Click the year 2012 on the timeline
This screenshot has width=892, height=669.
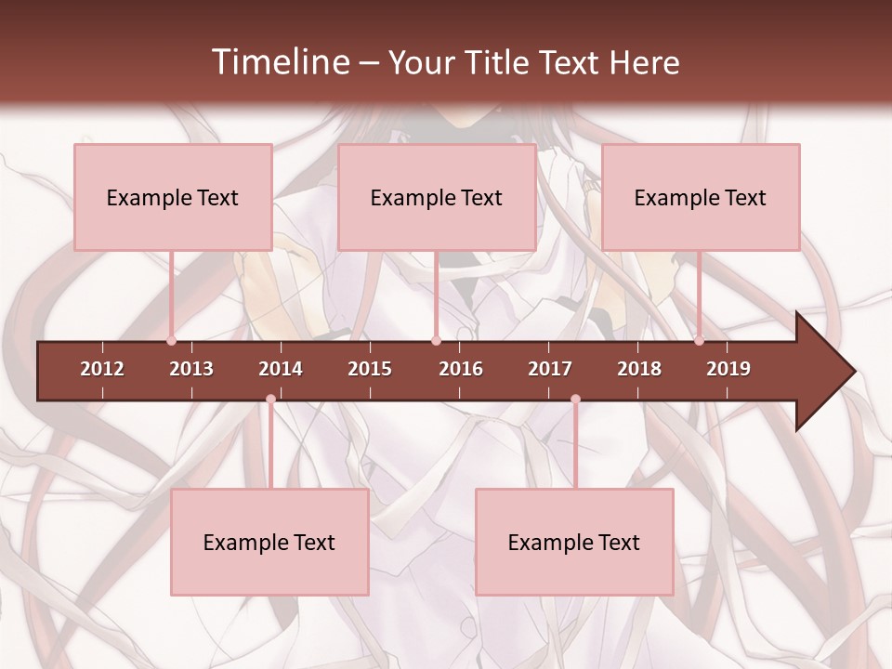(102, 369)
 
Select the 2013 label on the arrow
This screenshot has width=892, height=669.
(191, 369)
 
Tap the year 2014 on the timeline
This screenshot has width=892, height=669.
(281, 369)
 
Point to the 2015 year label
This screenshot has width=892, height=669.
(370, 369)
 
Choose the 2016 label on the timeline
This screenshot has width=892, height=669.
(461, 369)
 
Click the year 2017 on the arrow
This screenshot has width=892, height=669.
(550, 369)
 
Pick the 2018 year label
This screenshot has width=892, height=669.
(639, 369)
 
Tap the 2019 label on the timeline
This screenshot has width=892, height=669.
(728, 369)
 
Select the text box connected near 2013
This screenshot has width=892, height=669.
(173, 197)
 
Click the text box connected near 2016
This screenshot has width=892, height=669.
(437, 197)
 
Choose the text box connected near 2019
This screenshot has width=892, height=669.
(701, 197)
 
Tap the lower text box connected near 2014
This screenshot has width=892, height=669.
(269, 542)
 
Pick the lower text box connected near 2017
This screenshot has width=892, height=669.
(574, 542)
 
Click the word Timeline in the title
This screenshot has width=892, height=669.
(279, 62)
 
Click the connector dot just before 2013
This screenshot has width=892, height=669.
(171, 340)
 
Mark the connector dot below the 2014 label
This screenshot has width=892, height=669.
(270, 400)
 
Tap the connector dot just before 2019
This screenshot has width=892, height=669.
(699, 340)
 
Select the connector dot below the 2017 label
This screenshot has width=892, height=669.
(575, 400)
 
